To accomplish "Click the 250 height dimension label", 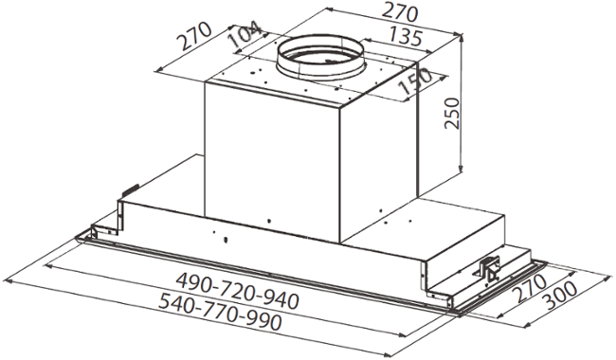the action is (x=452, y=113).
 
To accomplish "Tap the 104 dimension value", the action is (x=245, y=36).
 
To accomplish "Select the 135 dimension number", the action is (x=406, y=37).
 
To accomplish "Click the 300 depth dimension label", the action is (x=559, y=296).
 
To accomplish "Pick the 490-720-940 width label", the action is (x=237, y=291).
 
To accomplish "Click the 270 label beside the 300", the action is (x=529, y=288).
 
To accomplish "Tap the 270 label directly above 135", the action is (x=400, y=13).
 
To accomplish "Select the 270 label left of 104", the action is (x=194, y=36).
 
